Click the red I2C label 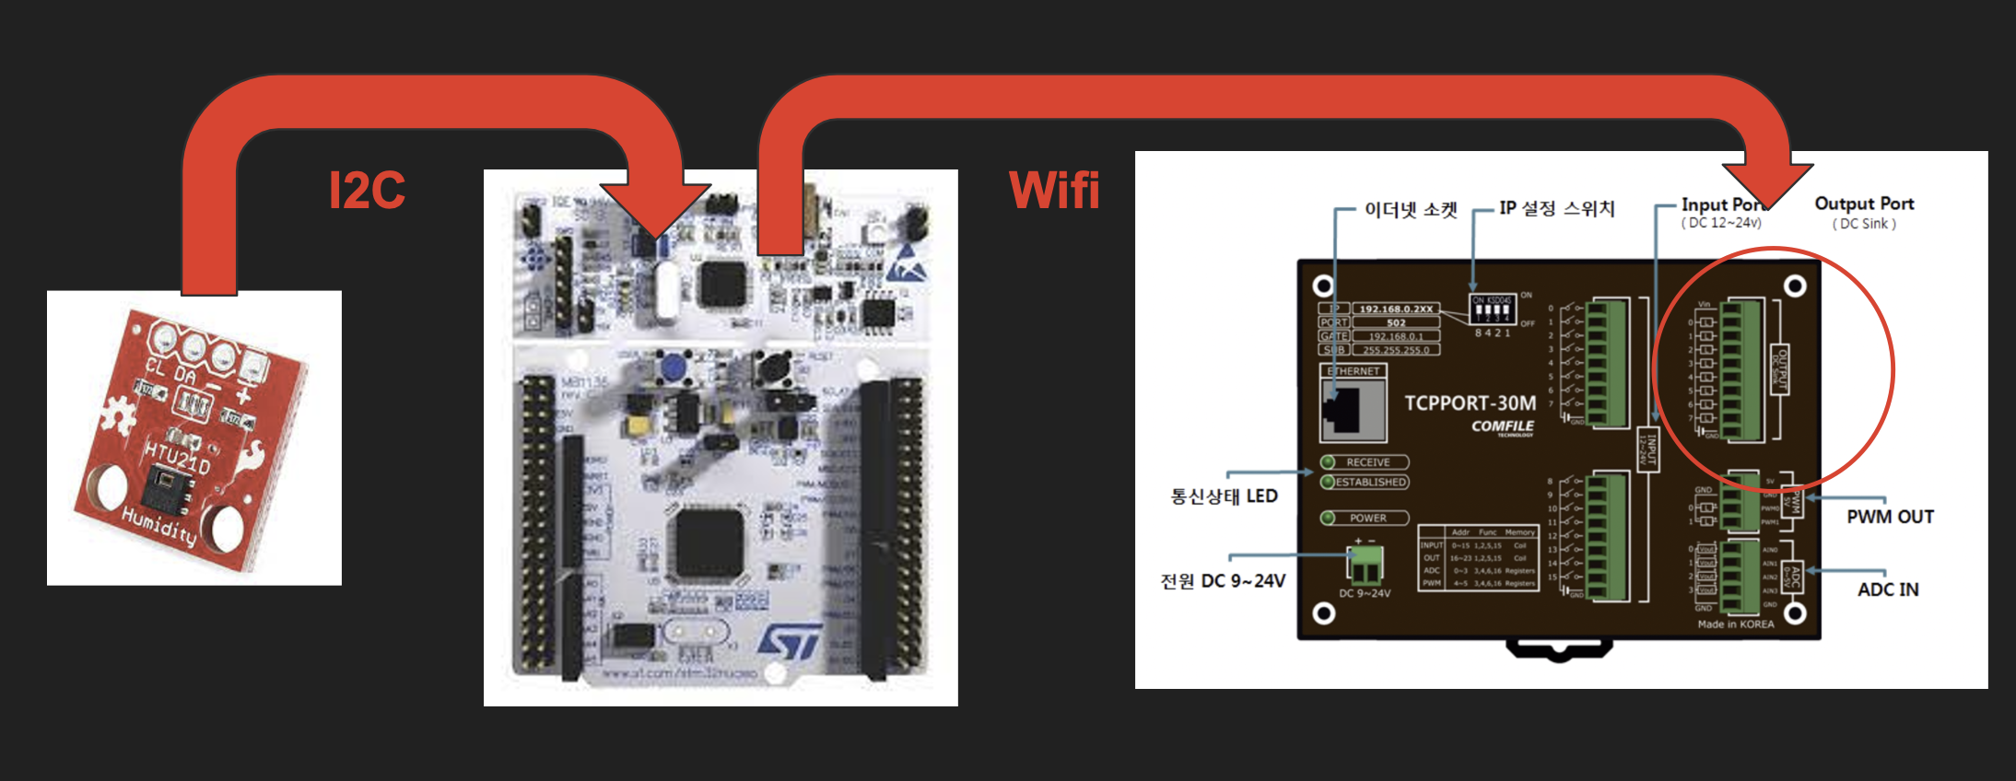[367, 191]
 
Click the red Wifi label [1054, 191]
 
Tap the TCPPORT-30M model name [1470, 403]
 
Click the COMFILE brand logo [1502, 426]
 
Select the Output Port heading [1864, 204]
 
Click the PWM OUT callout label [1890, 517]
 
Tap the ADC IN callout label [1888, 589]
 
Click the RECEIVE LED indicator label [1367, 462]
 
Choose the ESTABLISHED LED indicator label [1370, 482]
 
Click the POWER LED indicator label [1367, 518]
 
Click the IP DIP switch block [1491, 310]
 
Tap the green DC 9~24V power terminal [1365, 565]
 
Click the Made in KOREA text [1735, 624]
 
